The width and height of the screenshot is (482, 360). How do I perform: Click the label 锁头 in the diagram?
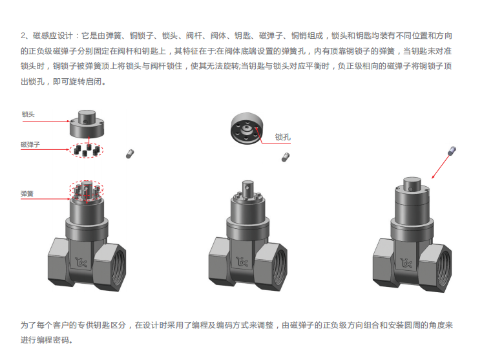pos(28,114)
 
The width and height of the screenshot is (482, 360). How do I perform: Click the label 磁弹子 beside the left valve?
pos(30,145)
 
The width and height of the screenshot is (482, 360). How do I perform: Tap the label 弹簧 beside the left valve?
pos(26,194)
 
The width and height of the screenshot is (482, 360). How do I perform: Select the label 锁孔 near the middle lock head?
pos(282,137)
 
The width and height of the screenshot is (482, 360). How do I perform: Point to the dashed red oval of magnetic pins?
pos(86,143)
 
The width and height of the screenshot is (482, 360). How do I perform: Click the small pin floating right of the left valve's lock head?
pos(130,154)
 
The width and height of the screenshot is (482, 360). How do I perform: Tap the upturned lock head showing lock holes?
pos(247,128)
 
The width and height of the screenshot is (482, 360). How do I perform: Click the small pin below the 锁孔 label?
pos(286,157)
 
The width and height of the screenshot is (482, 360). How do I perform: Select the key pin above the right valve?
pos(452,151)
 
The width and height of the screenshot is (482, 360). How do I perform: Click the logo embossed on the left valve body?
pos(81,262)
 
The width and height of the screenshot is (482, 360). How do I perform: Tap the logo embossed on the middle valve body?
pos(242,262)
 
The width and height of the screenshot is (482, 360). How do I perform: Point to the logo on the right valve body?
pos(406,263)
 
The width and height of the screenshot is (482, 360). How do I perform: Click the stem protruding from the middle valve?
pos(247,189)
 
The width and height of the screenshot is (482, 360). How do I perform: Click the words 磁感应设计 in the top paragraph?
pos(52,36)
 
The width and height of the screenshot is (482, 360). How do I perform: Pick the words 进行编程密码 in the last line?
pos(45,340)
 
